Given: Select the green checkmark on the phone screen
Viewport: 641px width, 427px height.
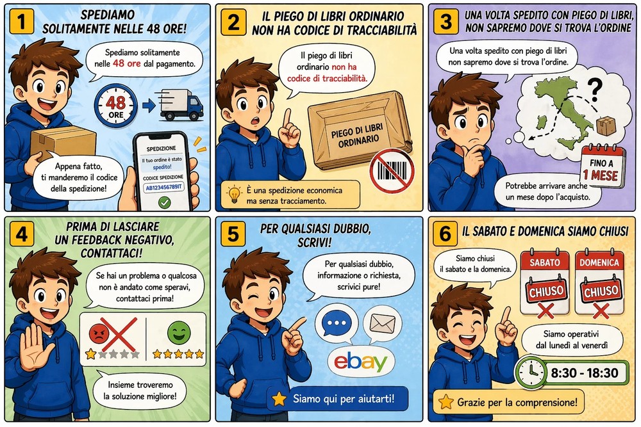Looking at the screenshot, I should [x=165, y=202].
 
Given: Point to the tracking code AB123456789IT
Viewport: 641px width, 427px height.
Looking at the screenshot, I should [x=163, y=188].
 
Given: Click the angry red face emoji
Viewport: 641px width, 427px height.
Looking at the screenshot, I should [x=98, y=332].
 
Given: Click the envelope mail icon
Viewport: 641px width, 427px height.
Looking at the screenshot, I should [x=383, y=324].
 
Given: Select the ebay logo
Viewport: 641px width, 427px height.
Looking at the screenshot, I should [x=360, y=362].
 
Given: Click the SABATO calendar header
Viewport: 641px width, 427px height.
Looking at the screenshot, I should [x=545, y=263].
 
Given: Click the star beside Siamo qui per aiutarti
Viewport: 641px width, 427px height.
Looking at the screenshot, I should [x=279, y=399].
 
